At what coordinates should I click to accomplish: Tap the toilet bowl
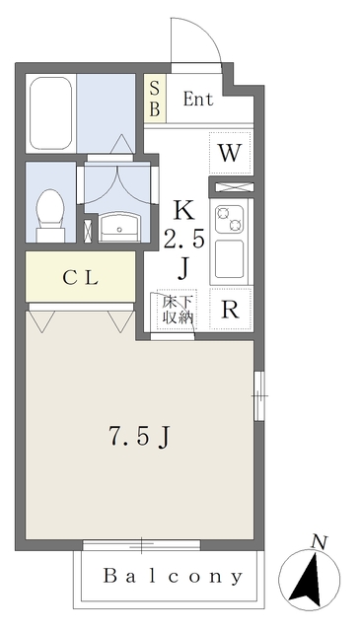[x=49, y=211]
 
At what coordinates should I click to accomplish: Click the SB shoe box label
[x=154, y=99]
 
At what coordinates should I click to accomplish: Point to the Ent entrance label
[x=198, y=99]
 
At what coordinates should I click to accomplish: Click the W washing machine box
[x=230, y=153]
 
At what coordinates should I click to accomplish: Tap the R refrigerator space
[x=230, y=310]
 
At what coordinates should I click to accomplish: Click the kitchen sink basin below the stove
[x=231, y=257]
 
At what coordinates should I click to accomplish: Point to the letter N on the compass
[x=318, y=541]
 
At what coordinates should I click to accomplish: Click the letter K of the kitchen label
[x=183, y=209]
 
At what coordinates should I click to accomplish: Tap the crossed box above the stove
[x=231, y=185]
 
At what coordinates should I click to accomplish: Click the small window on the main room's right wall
[x=258, y=394]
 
